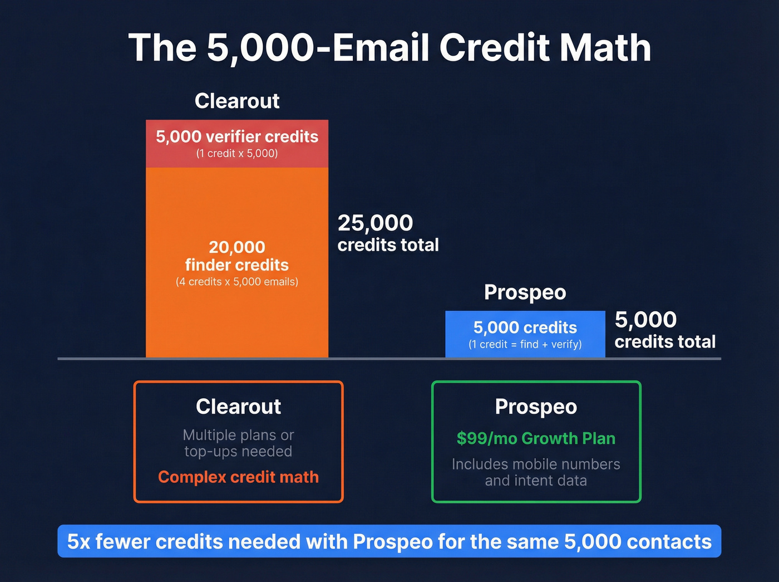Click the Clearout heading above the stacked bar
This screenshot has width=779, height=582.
(237, 101)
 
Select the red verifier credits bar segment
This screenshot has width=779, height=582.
(237, 144)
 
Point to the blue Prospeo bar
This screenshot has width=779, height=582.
(525, 334)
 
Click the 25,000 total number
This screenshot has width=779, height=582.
(376, 223)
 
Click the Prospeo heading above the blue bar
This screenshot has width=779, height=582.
(525, 292)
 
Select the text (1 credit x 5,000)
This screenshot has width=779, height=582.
(237, 154)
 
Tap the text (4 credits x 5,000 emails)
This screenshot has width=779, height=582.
(237, 282)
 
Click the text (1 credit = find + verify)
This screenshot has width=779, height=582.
(525, 345)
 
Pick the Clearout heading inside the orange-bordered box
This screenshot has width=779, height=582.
(238, 407)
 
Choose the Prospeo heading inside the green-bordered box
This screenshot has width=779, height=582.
(536, 407)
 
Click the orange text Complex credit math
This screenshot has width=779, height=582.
(238, 477)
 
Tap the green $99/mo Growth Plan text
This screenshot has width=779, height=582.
(536, 439)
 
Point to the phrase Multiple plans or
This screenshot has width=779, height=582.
(238, 435)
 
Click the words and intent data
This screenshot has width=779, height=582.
(536, 481)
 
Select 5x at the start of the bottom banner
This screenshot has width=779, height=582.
(78, 542)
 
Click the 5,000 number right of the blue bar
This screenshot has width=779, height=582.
(645, 320)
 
